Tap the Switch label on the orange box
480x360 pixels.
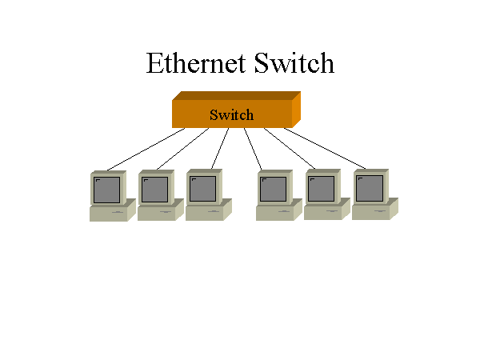point(231,114)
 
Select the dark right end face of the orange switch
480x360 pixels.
point(296,110)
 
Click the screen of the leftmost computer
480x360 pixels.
point(107,190)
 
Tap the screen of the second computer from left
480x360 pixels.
point(155,190)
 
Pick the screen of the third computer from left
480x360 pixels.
point(203,190)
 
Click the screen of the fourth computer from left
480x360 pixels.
point(274,190)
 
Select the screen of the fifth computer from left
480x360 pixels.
point(322,190)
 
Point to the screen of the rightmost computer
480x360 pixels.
point(370,190)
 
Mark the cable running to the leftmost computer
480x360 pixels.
point(146,149)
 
